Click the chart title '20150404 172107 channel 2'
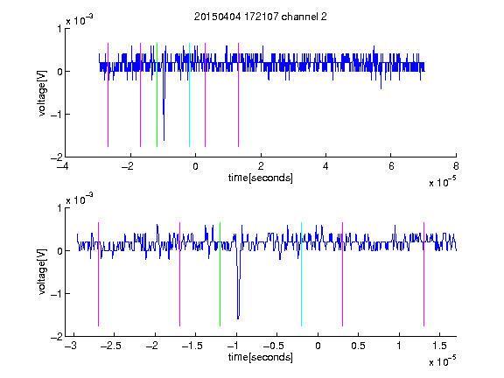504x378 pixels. [x=261, y=17]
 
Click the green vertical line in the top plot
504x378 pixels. [x=157, y=94]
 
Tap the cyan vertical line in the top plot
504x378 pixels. [x=189, y=94]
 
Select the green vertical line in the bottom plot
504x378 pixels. [x=220, y=274]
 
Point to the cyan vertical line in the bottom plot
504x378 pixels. [x=301, y=274]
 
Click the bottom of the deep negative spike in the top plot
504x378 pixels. [x=164, y=141]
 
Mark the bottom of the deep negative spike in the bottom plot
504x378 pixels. [x=238, y=318]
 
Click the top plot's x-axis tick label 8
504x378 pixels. [x=456, y=166]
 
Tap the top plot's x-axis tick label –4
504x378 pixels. [x=63, y=166]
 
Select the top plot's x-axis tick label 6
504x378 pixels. [x=391, y=166]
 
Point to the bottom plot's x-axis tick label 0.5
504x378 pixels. [x=359, y=346]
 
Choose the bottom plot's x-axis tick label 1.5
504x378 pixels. [x=439, y=346]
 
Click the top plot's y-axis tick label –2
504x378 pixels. [x=56, y=157]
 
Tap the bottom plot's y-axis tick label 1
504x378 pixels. [x=59, y=208]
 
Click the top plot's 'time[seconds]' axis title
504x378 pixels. [x=261, y=178]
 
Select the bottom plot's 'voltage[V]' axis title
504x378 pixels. [x=42, y=271]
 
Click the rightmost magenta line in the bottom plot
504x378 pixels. [x=423, y=274]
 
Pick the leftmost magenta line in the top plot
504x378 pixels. [x=108, y=94]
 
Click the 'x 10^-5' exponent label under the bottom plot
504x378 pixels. [x=442, y=361]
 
